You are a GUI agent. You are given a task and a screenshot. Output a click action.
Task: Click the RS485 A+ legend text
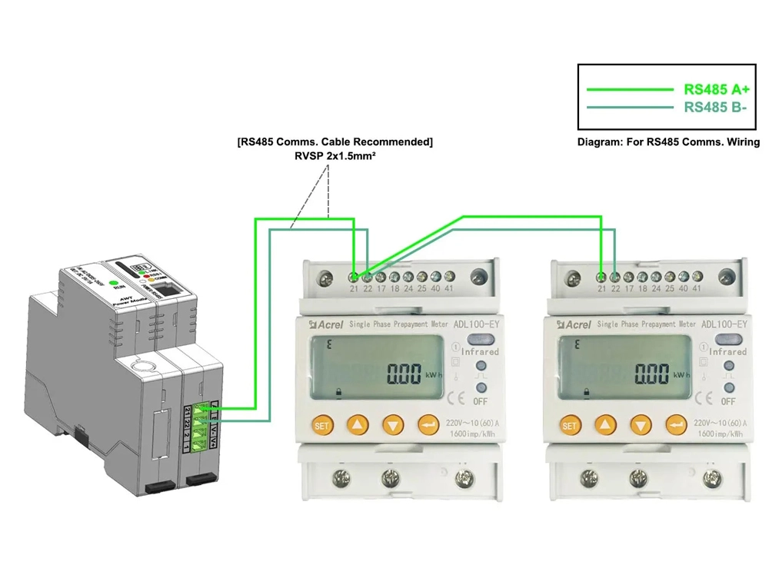click(x=717, y=88)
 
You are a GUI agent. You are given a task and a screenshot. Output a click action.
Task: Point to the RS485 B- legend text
click(x=716, y=108)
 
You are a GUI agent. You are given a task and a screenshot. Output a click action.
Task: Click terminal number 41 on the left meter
click(x=450, y=288)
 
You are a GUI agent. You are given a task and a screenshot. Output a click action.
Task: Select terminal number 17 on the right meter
click(x=628, y=288)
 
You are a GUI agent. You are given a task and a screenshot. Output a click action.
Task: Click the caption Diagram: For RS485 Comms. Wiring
click(x=668, y=142)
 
